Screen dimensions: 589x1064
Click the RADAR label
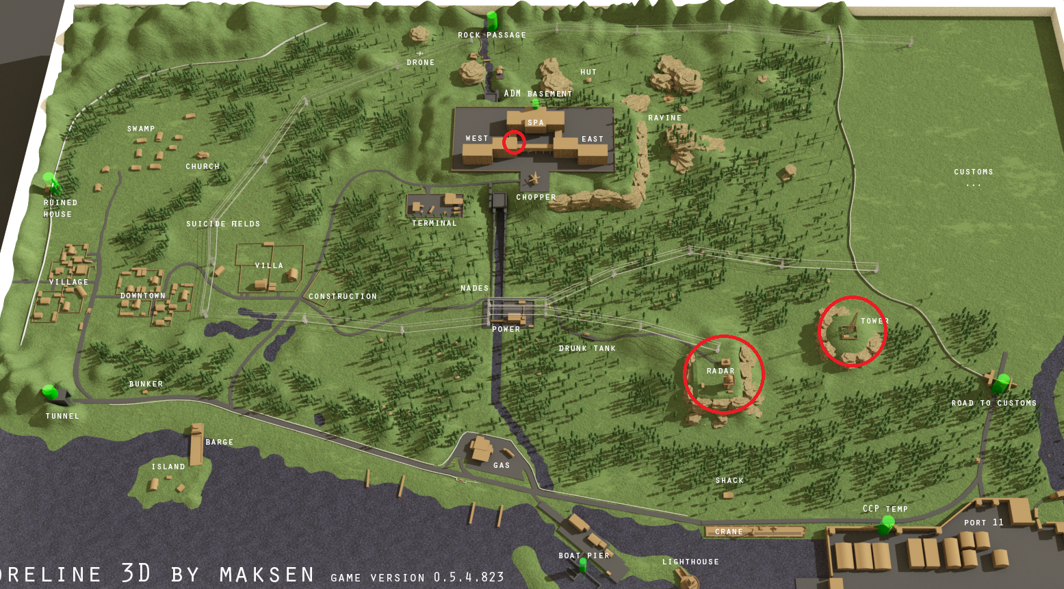tap(721, 371)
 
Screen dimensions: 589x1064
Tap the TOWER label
tap(874, 321)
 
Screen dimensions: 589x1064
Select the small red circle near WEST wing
tap(514, 142)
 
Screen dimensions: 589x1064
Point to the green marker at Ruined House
tap(50, 181)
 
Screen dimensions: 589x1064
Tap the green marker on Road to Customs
tap(1003, 380)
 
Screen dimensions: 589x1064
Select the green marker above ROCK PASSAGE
tap(491, 18)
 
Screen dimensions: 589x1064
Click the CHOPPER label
tap(536, 197)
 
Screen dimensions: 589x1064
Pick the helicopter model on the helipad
tap(534, 179)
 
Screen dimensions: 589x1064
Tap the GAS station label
tap(502, 465)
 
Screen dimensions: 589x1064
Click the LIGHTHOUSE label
tap(690, 562)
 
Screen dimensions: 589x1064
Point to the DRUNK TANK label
tap(587, 348)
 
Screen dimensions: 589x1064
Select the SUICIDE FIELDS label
tap(223, 224)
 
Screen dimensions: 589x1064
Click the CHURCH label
tap(203, 166)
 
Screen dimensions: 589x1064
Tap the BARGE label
tap(219, 442)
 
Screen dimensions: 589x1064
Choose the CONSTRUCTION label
tap(343, 296)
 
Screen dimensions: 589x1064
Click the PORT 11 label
tap(983, 522)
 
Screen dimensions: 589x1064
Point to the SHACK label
tap(729, 480)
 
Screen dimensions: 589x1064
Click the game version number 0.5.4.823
tap(469, 577)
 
